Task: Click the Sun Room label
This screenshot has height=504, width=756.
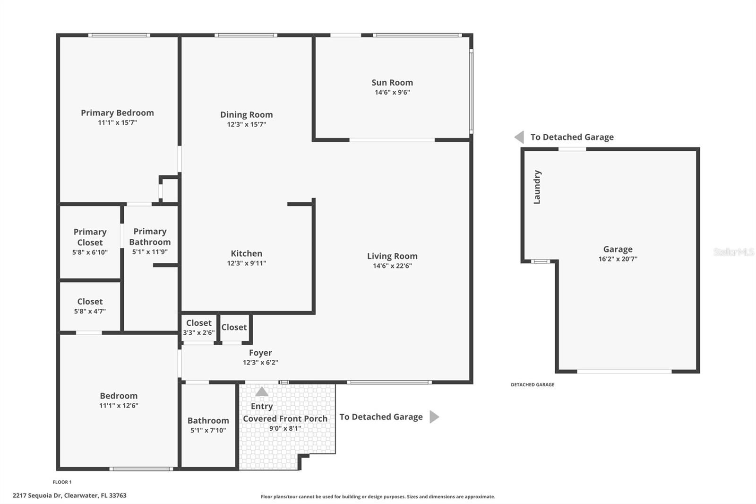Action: tap(392, 83)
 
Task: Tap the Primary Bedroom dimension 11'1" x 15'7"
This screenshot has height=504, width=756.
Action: tap(117, 122)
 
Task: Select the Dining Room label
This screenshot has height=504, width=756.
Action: tap(246, 114)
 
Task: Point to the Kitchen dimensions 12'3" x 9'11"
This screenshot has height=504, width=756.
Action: tap(246, 263)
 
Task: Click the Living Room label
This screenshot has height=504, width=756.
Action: tap(392, 256)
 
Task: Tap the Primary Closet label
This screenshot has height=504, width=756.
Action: tap(90, 237)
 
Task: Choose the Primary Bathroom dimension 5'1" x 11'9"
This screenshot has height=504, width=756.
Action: tap(150, 252)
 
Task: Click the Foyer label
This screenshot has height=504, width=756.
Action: tap(260, 353)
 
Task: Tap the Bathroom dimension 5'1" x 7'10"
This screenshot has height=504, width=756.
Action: tap(208, 430)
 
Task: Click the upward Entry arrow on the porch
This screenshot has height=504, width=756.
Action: tap(262, 391)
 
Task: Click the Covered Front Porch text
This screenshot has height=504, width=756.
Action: tap(285, 418)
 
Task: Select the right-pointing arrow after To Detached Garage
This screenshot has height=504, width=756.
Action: tap(434, 417)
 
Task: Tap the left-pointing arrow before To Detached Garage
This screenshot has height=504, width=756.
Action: tap(519, 137)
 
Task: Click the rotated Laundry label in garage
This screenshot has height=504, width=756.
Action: tap(537, 187)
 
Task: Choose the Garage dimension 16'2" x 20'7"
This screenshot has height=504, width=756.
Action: tap(618, 259)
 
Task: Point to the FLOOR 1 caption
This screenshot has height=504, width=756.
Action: tap(62, 482)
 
